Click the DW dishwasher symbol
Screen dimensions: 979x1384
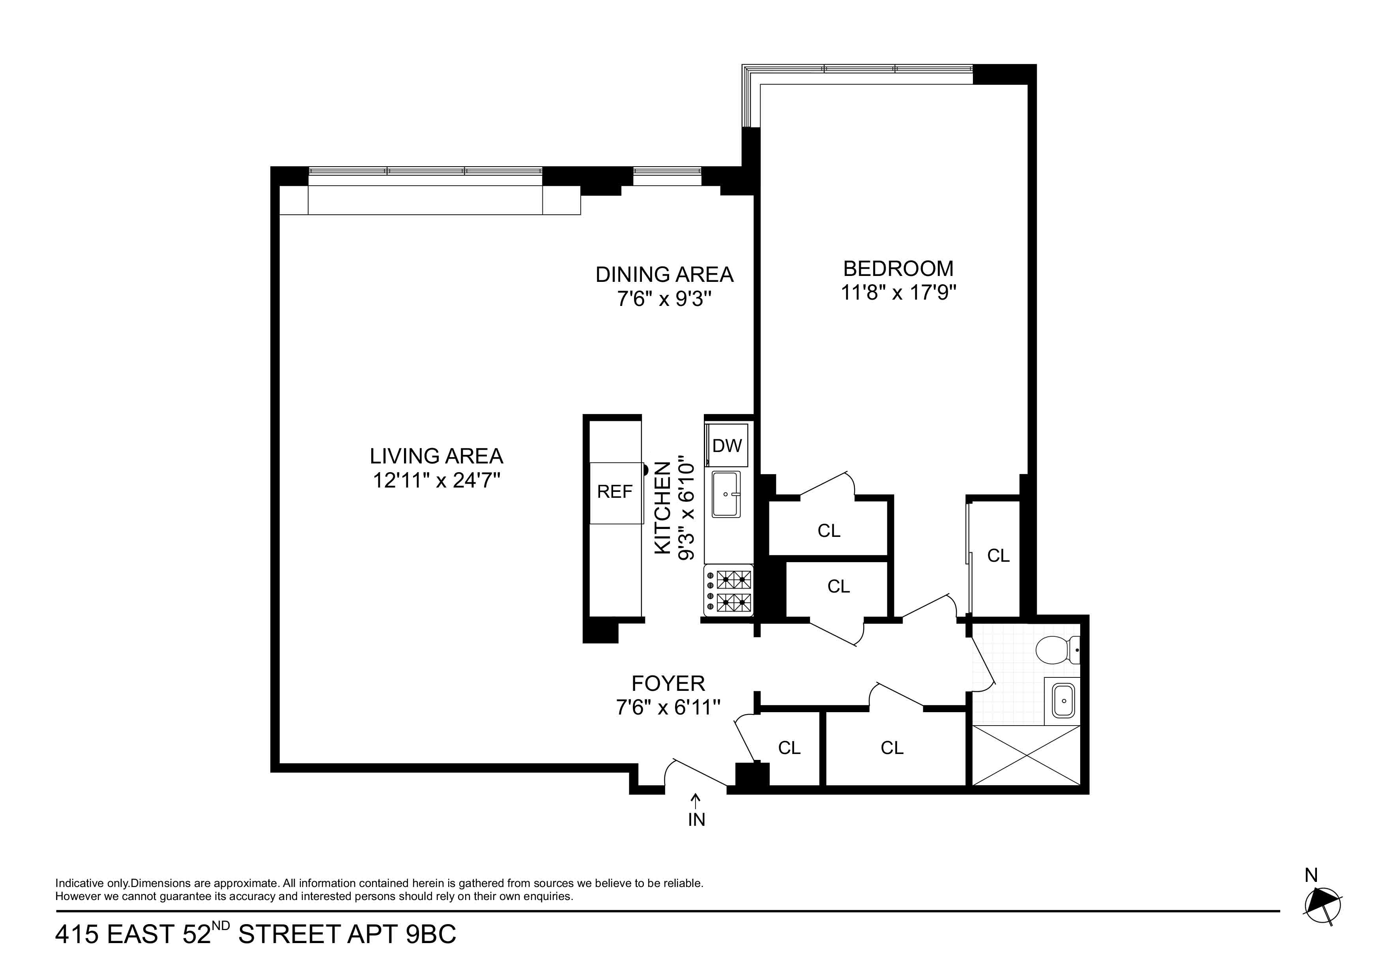pyautogui.click(x=727, y=446)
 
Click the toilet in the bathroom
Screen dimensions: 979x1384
pyautogui.click(x=1056, y=650)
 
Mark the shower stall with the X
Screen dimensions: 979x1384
pyautogui.click(x=1027, y=755)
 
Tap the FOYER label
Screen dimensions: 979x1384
pyautogui.click(x=668, y=683)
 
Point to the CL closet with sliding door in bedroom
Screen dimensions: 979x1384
pyautogui.click(x=998, y=555)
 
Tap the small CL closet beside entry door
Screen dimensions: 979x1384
pyautogui.click(x=789, y=748)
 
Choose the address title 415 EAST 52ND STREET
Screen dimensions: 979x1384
pyautogui.click(x=256, y=934)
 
